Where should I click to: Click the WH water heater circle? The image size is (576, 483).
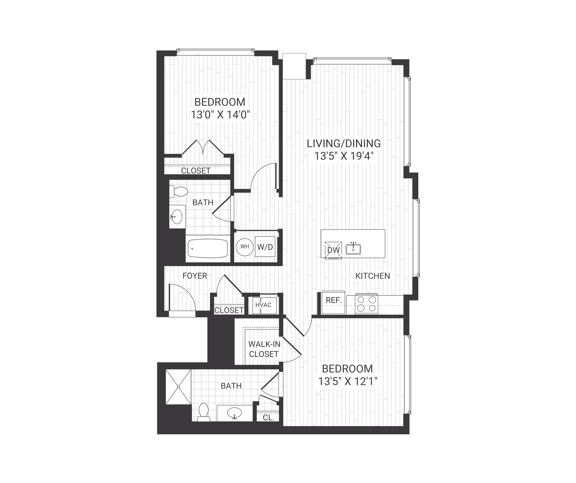tap(245, 247)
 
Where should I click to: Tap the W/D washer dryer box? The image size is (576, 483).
tap(265, 247)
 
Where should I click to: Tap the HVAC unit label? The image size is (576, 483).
tap(263, 305)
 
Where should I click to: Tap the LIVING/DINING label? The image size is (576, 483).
tap(344, 143)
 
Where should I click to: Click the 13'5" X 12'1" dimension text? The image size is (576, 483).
tap(347, 381)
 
